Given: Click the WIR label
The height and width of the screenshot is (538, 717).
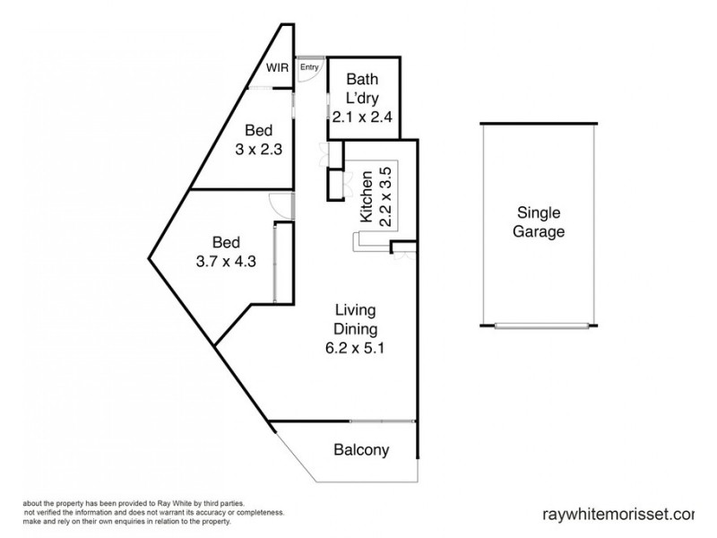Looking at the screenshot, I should (x=275, y=67).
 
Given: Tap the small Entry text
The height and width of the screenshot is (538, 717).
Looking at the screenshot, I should (x=308, y=66).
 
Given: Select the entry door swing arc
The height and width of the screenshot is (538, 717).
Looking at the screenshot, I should (x=307, y=76).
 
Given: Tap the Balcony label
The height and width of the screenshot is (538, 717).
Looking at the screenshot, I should (x=361, y=450).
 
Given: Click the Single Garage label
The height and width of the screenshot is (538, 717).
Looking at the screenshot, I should (x=539, y=222).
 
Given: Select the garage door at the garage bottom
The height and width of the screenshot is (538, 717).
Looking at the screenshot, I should (x=538, y=325).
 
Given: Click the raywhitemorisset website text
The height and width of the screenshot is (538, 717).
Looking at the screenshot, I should (x=618, y=515).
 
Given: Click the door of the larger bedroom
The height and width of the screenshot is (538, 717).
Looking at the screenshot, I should (x=281, y=205).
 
